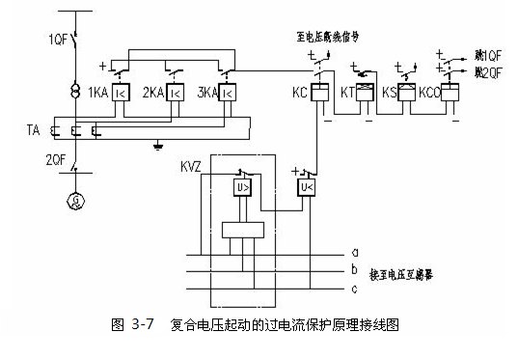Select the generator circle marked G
point(74,201)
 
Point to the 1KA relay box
point(122,94)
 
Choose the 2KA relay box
point(176,94)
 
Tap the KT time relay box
point(365,93)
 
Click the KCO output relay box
point(449,93)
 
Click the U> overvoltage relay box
point(241,187)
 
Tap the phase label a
point(354,253)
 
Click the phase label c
point(354,288)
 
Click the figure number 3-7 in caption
point(141,325)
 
